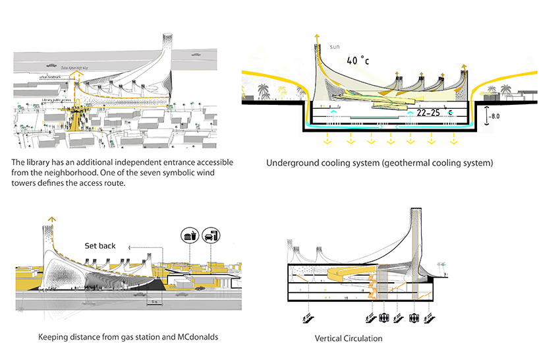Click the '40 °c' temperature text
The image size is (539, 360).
tap(357, 61)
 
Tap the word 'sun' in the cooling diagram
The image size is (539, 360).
tap(335, 47)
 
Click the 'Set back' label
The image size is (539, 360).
tap(100, 246)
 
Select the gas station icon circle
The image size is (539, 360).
tap(211, 236)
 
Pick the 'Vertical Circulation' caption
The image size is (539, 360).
tap(349, 339)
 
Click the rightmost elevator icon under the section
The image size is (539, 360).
tap(414, 318)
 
